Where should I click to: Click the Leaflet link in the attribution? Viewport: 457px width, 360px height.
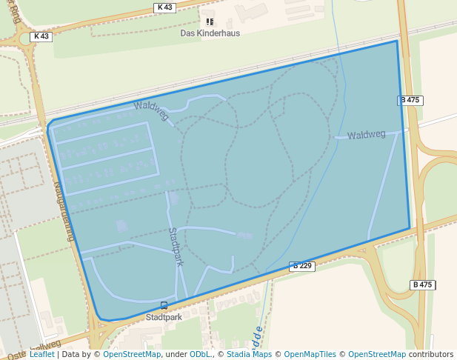coord(41,354)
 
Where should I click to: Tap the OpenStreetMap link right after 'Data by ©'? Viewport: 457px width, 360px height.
coord(132,354)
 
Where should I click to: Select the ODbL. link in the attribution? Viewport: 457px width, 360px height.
coord(200,354)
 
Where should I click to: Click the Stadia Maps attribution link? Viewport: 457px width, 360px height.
coord(249,354)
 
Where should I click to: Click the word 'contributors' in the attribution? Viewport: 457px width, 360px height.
coord(431,354)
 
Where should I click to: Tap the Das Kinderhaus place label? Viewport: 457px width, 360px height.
coord(210,33)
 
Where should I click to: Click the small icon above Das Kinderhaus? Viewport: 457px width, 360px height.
coord(210,22)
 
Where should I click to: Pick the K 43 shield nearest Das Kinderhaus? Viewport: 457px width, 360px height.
coord(164,7)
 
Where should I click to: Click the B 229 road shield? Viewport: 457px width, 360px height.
coord(302,266)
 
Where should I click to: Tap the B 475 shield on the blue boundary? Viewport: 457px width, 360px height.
coord(410,100)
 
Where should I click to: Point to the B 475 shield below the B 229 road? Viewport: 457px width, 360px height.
coord(422,284)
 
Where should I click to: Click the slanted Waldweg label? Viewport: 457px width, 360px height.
coord(151,111)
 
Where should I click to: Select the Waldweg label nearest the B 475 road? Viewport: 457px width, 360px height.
coord(366,135)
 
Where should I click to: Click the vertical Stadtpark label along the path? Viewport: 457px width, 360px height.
coord(176,246)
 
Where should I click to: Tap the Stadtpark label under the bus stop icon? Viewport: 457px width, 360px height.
coord(164,317)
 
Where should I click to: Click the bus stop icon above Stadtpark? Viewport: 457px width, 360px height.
coord(164,305)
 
